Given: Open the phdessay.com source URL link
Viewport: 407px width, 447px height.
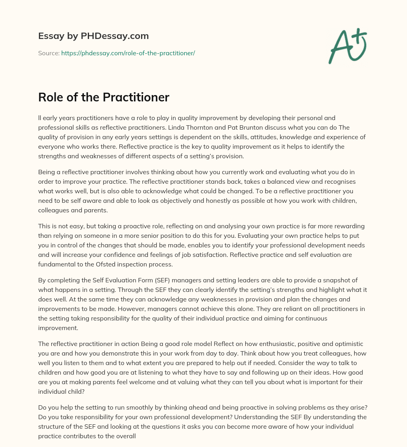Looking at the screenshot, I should click(x=128, y=53).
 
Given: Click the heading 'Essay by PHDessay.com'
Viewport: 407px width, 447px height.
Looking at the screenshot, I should click(x=93, y=36).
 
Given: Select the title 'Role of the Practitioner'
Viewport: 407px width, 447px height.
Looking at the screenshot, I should click(x=104, y=97).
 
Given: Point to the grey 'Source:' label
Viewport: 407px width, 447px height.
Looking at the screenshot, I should click(x=49, y=53).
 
